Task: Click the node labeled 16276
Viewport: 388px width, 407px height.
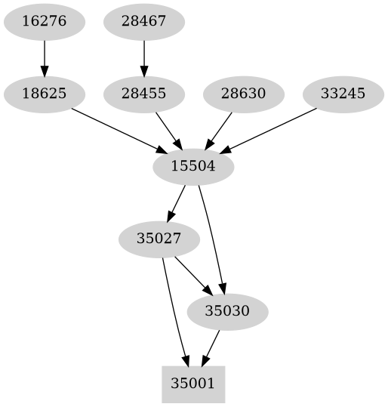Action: pyautogui.click(x=45, y=21)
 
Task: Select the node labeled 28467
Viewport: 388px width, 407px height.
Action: pyautogui.click(x=143, y=21)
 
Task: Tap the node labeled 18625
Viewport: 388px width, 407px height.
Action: pyautogui.click(x=45, y=94)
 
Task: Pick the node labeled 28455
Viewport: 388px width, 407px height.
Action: pyautogui.click(x=143, y=94)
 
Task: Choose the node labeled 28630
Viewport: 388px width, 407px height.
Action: pyautogui.click(x=243, y=94)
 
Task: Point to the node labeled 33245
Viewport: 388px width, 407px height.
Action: pyautogui.click(x=343, y=94)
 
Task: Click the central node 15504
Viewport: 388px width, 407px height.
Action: pyautogui.click(x=193, y=167)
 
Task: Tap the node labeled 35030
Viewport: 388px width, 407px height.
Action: pyautogui.click(x=227, y=311)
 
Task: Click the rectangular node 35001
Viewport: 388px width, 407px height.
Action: pyautogui.click(x=193, y=384)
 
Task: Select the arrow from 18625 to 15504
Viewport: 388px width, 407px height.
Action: pyautogui.click(x=113, y=128)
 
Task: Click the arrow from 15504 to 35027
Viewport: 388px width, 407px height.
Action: pyautogui.click(x=177, y=202)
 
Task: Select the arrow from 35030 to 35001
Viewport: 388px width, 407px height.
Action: pyautogui.click(x=211, y=347)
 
